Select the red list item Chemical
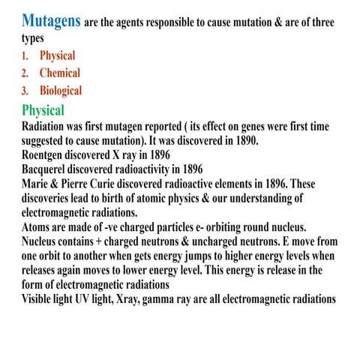pyautogui.click(x=59, y=73)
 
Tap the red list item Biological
pyautogui.click(x=61, y=91)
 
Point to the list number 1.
pyautogui.click(x=25, y=56)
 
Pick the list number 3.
pyautogui.click(x=25, y=91)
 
